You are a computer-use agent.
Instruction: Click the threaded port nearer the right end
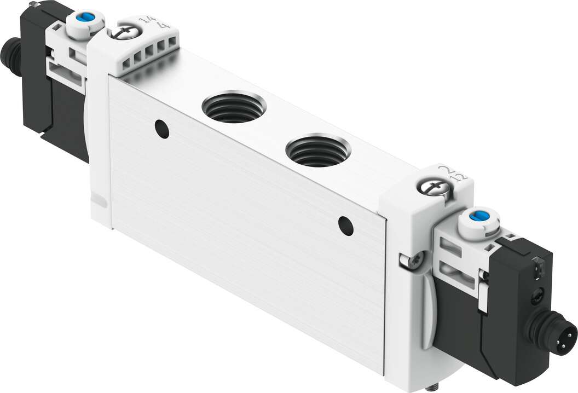(317, 151)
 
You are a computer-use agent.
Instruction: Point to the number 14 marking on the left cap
(146, 20)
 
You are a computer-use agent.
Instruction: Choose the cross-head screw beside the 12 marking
(434, 188)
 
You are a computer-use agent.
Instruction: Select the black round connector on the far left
(11, 57)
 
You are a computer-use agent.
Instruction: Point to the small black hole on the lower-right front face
(345, 225)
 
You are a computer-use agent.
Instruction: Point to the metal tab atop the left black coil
(36, 5)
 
